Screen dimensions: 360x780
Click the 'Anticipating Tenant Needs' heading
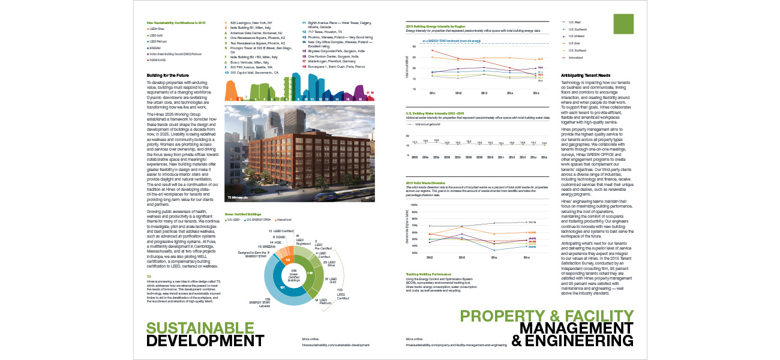[589, 75]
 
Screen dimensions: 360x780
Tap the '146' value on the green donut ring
[310, 272]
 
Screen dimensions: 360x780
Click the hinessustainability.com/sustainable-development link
[335, 346]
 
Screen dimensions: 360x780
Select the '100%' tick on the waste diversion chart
[413, 204]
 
